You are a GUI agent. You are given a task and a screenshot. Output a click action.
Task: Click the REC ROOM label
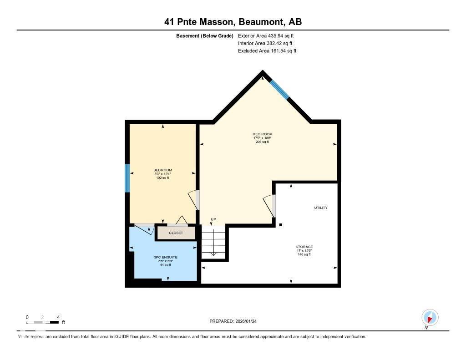(263, 134)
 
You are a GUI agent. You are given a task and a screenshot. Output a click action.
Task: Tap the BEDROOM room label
(162, 170)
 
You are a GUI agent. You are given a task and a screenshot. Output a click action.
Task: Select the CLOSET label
(176, 233)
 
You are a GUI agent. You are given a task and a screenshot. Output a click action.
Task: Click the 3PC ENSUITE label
(166, 257)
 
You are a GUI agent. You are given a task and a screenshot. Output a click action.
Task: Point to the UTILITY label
(320, 208)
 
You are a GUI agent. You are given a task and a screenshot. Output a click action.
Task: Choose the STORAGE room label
(304, 247)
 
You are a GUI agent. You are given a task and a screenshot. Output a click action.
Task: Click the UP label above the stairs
(213, 219)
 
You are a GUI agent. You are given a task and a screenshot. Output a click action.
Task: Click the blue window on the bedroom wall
(127, 178)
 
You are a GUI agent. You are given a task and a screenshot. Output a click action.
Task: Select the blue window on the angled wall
(279, 89)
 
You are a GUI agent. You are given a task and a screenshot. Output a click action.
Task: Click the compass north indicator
(430, 317)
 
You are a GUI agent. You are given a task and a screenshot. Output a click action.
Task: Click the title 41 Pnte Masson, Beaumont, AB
(233, 21)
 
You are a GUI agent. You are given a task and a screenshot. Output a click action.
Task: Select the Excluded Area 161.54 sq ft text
(267, 51)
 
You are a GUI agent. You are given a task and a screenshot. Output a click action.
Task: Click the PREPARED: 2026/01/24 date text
(236, 321)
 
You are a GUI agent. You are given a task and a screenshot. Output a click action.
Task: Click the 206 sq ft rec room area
(263, 142)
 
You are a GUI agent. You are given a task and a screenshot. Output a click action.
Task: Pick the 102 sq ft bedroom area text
(162, 178)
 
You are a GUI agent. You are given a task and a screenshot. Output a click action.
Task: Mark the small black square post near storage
(281, 225)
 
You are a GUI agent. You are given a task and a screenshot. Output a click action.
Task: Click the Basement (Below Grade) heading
(205, 35)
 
